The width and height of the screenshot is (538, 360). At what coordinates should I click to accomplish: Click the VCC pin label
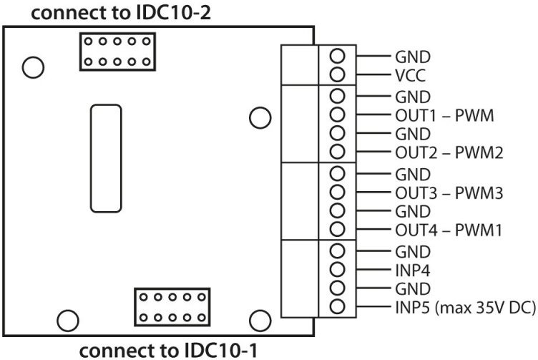406,74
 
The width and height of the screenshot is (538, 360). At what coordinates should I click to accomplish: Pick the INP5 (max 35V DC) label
464,308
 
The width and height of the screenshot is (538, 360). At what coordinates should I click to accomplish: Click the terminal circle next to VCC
338,74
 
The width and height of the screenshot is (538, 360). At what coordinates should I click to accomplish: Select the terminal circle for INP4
338,271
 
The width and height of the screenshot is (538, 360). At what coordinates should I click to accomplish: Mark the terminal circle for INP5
338,308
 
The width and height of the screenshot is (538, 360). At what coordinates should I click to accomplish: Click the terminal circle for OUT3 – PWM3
338,192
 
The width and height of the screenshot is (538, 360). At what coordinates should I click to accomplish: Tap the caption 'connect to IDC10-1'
167,350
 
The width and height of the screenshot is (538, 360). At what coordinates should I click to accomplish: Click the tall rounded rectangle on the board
106,157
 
